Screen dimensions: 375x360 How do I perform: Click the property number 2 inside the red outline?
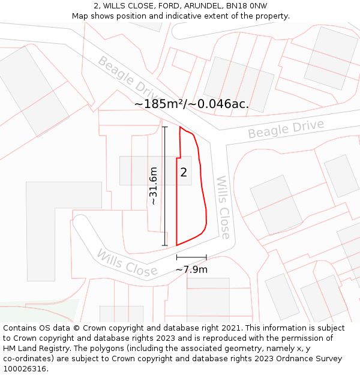(184, 173)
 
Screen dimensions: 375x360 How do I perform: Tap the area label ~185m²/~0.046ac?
(191, 104)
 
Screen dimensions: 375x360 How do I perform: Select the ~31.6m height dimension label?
(154, 186)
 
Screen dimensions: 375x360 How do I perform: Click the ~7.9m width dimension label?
(191, 269)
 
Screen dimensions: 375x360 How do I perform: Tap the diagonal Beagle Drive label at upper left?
(128, 76)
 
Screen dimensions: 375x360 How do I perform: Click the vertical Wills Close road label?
(223, 207)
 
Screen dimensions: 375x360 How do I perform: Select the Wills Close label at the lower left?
(127, 263)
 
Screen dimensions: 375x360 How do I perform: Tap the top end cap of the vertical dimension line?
(165, 127)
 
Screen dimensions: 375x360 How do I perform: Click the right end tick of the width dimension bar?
(206, 257)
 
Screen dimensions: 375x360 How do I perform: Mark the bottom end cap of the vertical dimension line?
(165, 245)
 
